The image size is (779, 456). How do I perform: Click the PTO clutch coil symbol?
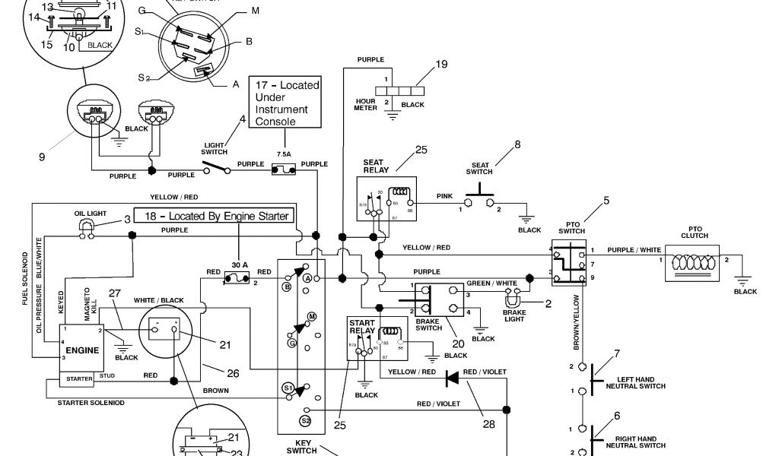(x=693, y=261)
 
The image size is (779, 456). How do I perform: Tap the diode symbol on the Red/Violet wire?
(x=453, y=377)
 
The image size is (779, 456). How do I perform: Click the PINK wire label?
(x=445, y=196)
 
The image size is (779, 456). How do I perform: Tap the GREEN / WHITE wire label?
(x=491, y=283)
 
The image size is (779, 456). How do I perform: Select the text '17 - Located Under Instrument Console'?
(x=287, y=103)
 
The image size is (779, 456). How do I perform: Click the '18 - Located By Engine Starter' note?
(x=212, y=216)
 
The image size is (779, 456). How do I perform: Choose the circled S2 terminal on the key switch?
(x=306, y=420)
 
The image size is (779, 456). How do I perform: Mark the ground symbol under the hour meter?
(x=393, y=115)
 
